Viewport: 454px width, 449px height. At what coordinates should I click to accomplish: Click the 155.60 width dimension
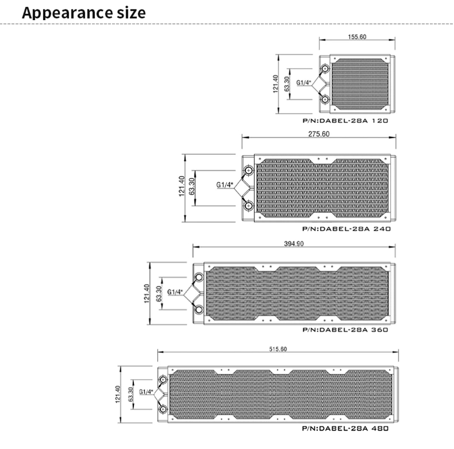pyautogui.click(x=357, y=37)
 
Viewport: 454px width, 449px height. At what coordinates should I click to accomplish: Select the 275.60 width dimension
pyautogui.click(x=319, y=134)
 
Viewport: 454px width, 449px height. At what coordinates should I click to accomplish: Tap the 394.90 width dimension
pyautogui.click(x=294, y=244)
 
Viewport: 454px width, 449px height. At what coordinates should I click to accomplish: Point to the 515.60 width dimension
pyautogui.click(x=278, y=349)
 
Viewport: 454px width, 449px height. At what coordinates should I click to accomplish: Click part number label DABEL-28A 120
pyautogui.click(x=345, y=121)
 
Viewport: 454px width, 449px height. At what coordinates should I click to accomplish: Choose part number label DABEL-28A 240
pyautogui.click(x=346, y=228)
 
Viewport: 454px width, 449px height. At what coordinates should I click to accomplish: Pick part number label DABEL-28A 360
pyautogui.click(x=345, y=329)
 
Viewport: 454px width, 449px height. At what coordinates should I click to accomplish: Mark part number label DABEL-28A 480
pyautogui.click(x=345, y=428)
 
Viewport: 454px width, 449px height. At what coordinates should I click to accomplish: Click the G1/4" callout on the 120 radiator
pyautogui.click(x=303, y=83)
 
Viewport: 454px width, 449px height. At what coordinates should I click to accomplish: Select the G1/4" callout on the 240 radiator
pyautogui.click(x=225, y=185)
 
